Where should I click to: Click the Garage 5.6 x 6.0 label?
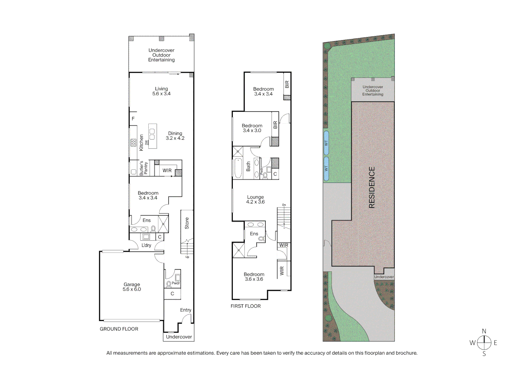pos(132,287)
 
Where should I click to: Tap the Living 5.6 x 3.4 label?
pos(161,91)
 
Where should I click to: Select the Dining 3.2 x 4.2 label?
pos(175,136)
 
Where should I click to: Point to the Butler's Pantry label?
pos(144,168)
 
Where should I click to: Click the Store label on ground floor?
pos(187,223)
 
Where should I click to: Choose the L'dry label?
pos(146,245)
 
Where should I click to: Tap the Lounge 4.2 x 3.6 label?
pos(255,199)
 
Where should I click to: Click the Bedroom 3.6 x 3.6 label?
pos(254,277)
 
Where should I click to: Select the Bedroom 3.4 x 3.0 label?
pos(252,128)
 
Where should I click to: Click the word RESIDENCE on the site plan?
pos(372,187)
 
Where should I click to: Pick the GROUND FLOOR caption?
pos(119,329)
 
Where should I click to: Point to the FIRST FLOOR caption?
pos(245,306)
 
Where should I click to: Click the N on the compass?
pos(484,331)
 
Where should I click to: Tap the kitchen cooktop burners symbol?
pos(133,143)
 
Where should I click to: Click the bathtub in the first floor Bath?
pos(238,168)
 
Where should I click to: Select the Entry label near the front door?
pos(185,310)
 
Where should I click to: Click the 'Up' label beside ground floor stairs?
pos(187,257)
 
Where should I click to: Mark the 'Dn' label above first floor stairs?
pos(284,205)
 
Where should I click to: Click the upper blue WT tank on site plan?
pos(326,143)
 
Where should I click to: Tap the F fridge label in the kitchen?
pos(133,119)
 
